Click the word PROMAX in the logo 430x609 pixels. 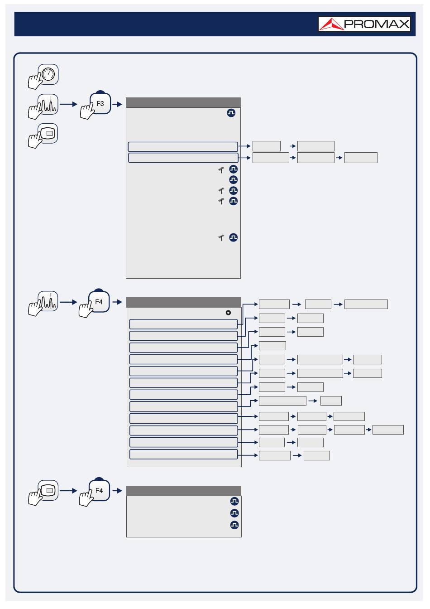[x=377, y=24]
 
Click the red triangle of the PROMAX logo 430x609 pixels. [x=331, y=24]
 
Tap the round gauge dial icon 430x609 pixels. [x=48, y=74]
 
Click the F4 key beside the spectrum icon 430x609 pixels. [x=99, y=301]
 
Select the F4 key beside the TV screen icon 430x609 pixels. [x=99, y=490]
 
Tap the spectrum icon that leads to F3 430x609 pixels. [x=48, y=104]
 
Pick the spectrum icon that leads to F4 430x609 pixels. [x=48, y=301]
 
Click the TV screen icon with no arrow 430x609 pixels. [x=48, y=134]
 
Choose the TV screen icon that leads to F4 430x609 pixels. [x=48, y=490]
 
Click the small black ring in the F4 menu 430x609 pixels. [x=228, y=313]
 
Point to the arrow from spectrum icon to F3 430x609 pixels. [x=68, y=104]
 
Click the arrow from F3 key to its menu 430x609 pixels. [x=117, y=104]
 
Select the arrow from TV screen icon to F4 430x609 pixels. [x=68, y=491]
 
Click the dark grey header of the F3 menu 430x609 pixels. [x=183, y=102]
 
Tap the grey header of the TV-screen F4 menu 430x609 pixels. [x=184, y=491]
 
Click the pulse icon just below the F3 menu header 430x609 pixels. [x=231, y=113]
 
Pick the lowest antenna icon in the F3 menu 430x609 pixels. [x=221, y=237]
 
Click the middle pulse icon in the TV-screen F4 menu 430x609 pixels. [x=234, y=513]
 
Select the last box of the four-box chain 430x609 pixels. [x=388, y=430]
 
